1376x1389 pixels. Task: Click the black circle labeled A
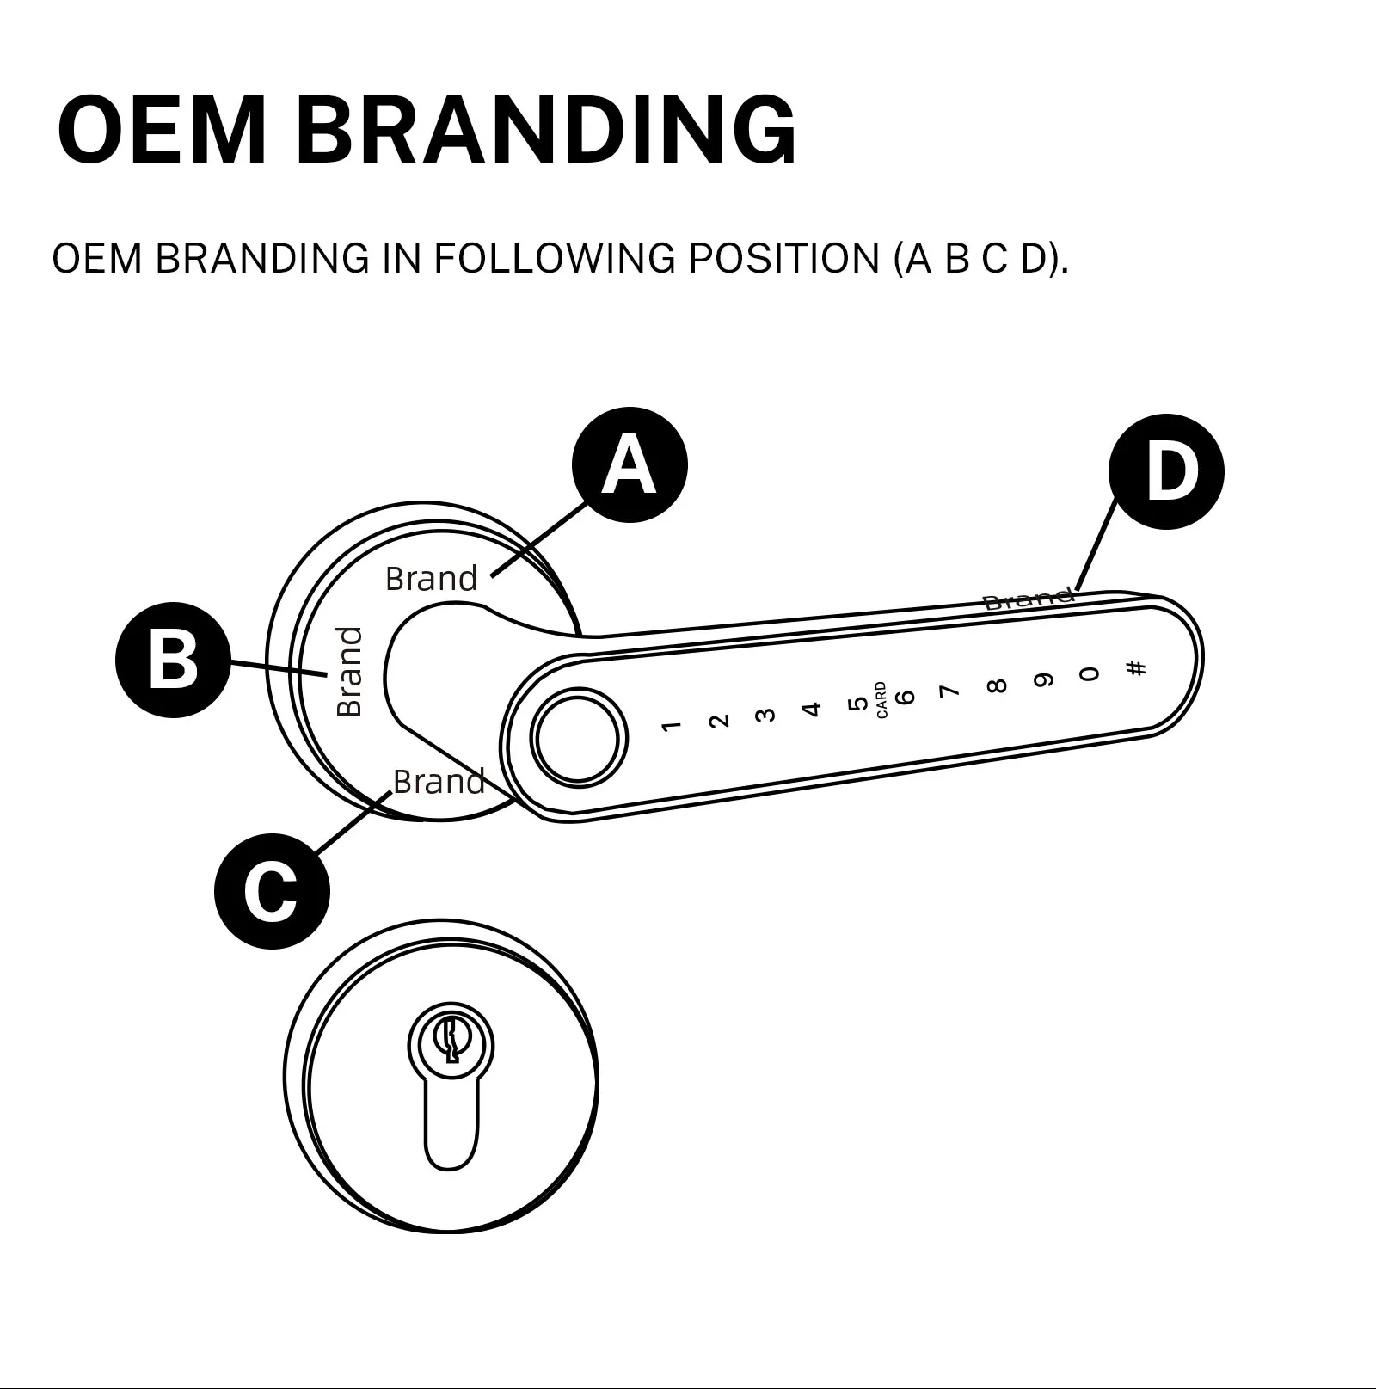pos(630,464)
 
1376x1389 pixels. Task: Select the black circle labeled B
pos(173,660)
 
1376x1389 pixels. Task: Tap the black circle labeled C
pos(272,891)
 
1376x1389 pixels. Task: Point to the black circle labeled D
pos(1166,471)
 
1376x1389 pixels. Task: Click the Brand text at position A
pos(431,579)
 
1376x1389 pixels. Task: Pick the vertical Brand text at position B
pos(349,672)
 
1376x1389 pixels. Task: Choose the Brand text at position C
pos(439,782)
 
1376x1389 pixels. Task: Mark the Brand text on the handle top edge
pos(1028,599)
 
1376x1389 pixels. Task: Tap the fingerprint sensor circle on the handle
pos(578,736)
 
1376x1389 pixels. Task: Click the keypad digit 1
pos(672,726)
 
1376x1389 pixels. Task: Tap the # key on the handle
pos(1136,667)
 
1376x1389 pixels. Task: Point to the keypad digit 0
pos(1090,673)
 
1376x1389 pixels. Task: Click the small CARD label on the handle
pos(881,700)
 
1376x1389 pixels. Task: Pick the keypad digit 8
pos(997,685)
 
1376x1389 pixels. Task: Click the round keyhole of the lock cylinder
pos(450,1040)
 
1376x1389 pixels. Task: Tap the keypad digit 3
pos(765,715)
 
